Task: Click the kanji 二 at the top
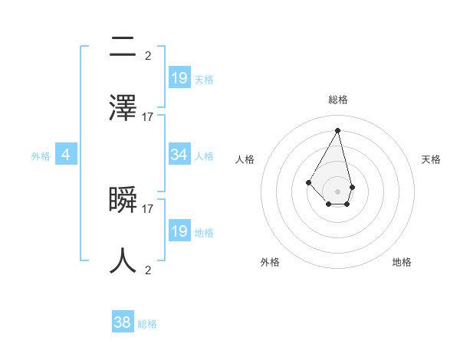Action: click(123, 47)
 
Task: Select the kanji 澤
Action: click(123, 108)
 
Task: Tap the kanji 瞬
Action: click(123, 201)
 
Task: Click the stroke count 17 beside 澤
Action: click(148, 116)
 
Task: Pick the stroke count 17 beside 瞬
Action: click(148, 208)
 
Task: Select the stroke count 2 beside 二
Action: click(148, 55)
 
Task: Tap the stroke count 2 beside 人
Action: click(148, 270)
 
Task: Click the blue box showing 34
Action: click(179, 155)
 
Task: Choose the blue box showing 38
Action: click(123, 322)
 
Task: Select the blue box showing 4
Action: click(66, 155)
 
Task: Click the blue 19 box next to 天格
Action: click(179, 78)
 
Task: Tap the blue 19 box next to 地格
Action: click(179, 231)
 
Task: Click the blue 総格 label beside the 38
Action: click(147, 324)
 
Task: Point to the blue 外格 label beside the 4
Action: click(41, 156)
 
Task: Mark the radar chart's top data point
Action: click(337, 130)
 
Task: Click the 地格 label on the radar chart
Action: click(402, 263)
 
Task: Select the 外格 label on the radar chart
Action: click(270, 263)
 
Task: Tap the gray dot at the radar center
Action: click(337, 191)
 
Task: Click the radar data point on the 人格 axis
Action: click(308, 182)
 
